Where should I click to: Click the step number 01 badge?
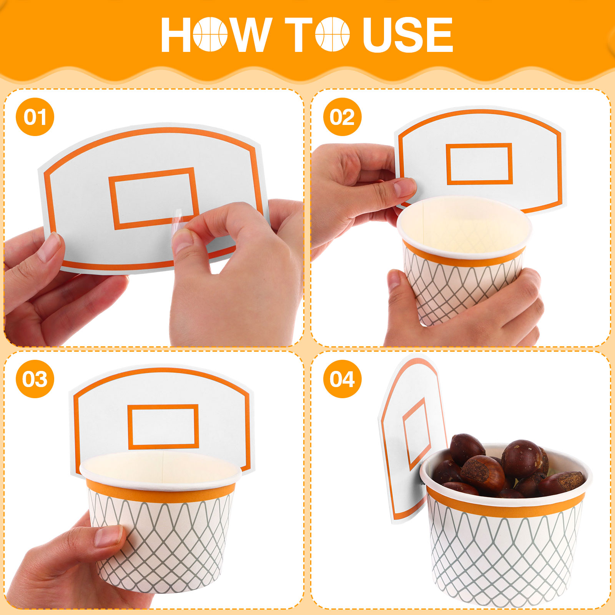(35, 117)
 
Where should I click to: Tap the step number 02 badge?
(342, 117)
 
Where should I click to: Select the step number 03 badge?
(35, 379)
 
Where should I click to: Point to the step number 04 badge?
(342, 379)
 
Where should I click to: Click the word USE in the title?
(408, 35)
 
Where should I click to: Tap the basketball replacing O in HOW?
(210, 34)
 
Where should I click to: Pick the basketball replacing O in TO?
(332, 34)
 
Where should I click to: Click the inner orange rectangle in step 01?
(154, 198)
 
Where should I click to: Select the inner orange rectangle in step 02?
(479, 164)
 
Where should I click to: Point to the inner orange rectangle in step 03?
(163, 427)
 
